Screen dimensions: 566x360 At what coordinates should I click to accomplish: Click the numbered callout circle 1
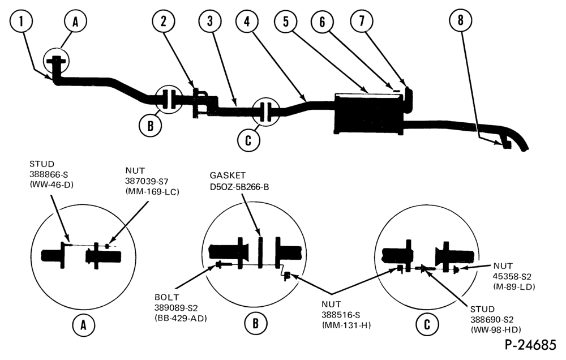click(22, 22)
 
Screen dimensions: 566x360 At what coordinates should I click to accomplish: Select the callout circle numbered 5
click(286, 21)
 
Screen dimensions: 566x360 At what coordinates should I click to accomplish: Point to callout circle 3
click(211, 21)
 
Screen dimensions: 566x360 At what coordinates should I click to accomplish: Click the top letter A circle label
click(75, 22)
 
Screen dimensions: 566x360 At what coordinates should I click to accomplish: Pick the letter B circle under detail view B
click(256, 323)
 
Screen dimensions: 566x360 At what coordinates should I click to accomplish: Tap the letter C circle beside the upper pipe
click(248, 140)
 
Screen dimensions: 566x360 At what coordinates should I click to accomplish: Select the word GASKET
click(228, 175)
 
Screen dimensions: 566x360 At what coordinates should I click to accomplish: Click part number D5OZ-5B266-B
click(239, 187)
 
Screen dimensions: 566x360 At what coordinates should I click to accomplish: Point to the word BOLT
click(167, 297)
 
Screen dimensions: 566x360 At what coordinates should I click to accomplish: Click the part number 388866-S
click(49, 174)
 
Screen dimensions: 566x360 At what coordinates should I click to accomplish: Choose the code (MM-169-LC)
click(152, 192)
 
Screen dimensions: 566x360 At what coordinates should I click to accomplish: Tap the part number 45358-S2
click(512, 276)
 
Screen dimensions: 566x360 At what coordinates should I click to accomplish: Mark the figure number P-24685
click(530, 345)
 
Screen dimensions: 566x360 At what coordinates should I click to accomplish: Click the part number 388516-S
click(341, 315)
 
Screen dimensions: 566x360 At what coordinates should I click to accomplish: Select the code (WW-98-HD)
click(496, 329)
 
